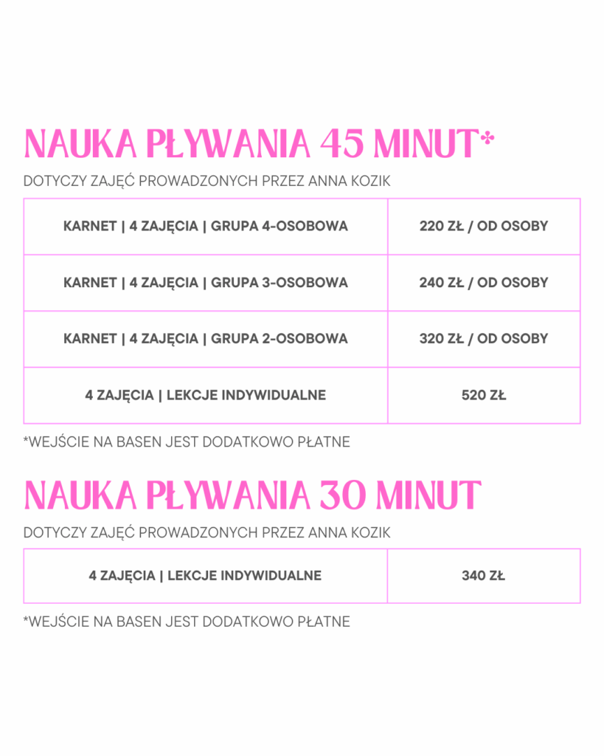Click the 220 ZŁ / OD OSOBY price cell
(484, 226)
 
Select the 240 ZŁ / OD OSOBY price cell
(484, 282)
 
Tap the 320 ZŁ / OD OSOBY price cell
(484, 339)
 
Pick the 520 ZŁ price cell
(484, 395)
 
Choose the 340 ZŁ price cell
(484, 575)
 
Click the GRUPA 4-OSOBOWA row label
(280, 226)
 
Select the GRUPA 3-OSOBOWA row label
(280, 282)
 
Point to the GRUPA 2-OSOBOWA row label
(280, 339)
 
